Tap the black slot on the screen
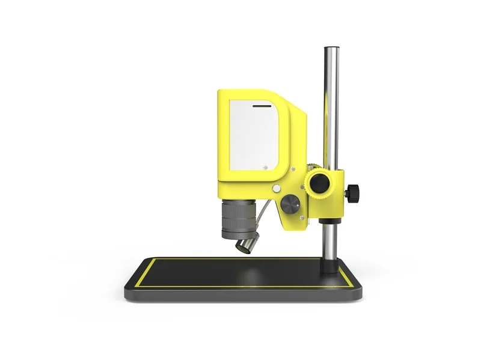[x=262, y=105]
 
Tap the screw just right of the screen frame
[x=293, y=169]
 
